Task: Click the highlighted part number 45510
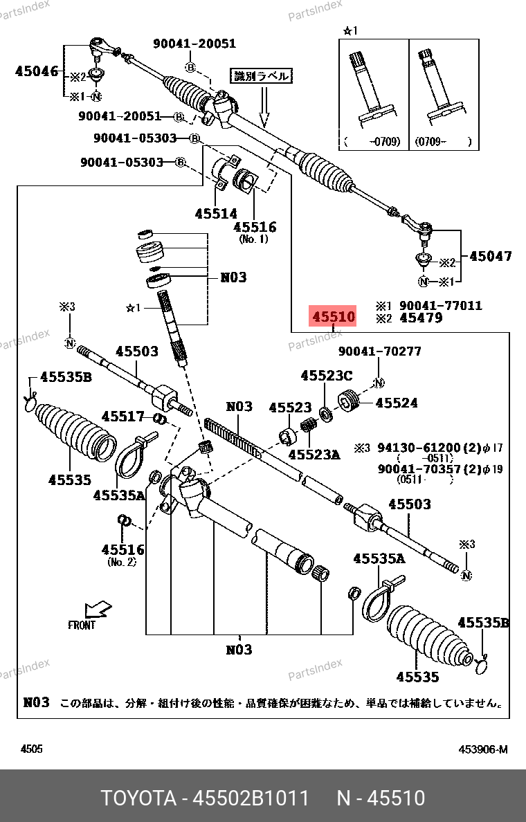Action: click(333, 318)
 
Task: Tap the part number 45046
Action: click(37, 70)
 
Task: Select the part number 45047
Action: click(490, 256)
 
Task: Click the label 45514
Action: click(215, 214)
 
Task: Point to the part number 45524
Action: click(397, 402)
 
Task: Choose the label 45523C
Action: click(326, 376)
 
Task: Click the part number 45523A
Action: click(314, 455)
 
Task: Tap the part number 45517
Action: click(123, 417)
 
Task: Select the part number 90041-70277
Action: click(379, 351)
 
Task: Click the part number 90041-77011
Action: click(441, 305)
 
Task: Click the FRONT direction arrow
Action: click(97, 610)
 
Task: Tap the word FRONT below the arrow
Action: click(82, 625)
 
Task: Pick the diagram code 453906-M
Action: click(482, 749)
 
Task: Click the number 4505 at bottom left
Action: click(31, 749)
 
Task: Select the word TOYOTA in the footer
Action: click(138, 798)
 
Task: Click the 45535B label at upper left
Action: click(66, 377)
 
